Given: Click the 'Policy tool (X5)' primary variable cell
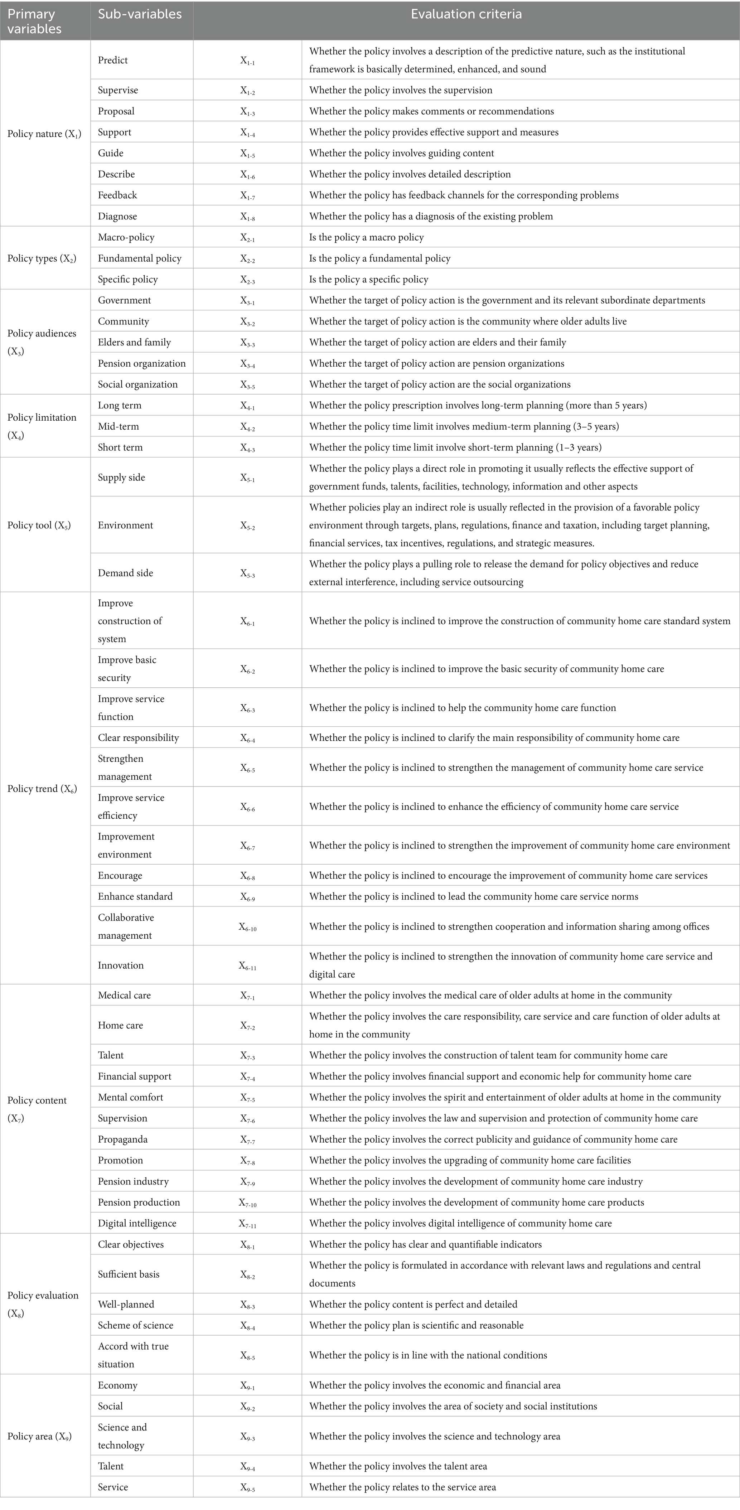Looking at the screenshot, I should (39, 525).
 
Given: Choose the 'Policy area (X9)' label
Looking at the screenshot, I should (39, 1436).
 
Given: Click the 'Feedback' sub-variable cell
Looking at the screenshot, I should (117, 195).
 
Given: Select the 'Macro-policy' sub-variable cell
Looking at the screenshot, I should (126, 237).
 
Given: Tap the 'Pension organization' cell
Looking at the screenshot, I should (141, 363).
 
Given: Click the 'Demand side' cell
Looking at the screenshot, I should (126, 573).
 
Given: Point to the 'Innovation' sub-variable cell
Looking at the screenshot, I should (121, 965).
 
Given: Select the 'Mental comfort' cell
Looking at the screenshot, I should (131, 1097).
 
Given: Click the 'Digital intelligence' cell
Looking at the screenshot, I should (137, 1223).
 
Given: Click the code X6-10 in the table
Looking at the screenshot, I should (247, 927).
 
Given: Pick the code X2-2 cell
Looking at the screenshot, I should (247, 258).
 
